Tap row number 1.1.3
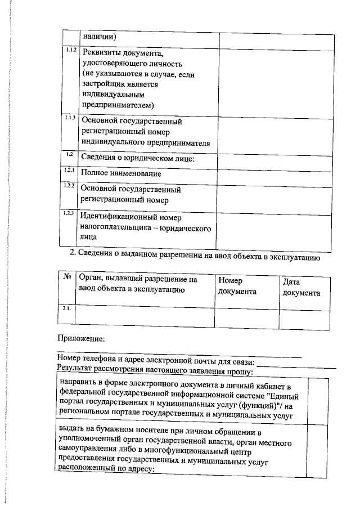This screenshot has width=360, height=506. [70, 118]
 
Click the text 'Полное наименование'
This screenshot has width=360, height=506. [118, 174]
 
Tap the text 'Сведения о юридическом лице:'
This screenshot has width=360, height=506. [138, 158]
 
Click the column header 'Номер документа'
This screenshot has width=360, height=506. [237, 285]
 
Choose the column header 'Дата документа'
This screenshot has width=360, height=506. [301, 286]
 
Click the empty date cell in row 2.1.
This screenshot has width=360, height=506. [304, 317]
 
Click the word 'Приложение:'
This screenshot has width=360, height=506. [81, 338]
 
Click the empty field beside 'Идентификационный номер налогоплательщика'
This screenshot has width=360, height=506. [272, 227]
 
